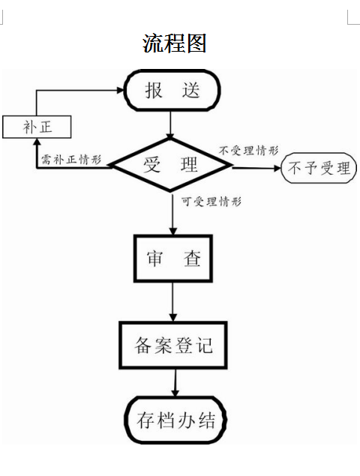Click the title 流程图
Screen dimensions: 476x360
(x=174, y=43)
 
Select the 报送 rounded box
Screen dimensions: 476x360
(x=172, y=91)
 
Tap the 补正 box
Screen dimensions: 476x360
(x=37, y=127)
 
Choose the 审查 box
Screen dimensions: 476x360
(x=172, y=260)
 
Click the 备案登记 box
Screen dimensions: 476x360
(x=173, y=345)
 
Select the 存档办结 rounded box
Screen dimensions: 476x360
(x=175, y=420)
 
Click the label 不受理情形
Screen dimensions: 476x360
(x=244, y=151)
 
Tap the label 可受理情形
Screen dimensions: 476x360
(x=211, y=201)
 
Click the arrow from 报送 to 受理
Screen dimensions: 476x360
(x=172, y=124)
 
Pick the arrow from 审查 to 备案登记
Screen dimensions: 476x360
(x=173, y=303)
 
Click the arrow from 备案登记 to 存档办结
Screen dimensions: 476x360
(x=175, y=382)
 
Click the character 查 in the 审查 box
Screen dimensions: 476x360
(x=192, y=260)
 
